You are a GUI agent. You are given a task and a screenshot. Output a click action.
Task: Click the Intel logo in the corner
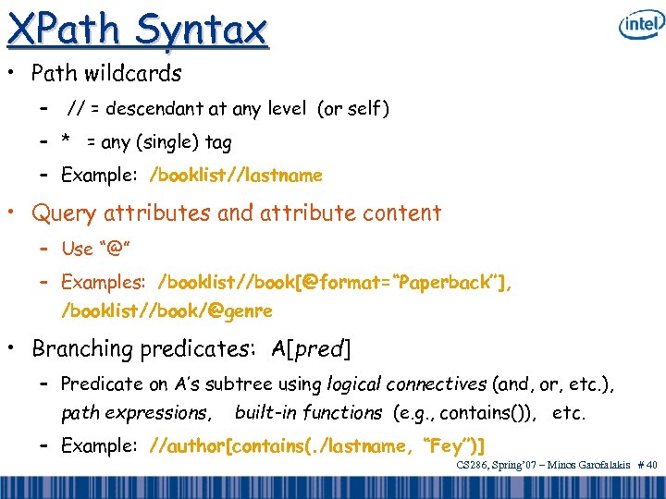640,24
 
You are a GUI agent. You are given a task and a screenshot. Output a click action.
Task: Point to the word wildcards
136,73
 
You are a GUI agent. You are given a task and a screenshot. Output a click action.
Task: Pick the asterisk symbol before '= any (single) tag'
66,141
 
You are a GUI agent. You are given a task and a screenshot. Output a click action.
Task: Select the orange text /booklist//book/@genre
166,311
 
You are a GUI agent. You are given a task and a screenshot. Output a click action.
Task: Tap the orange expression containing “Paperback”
335,281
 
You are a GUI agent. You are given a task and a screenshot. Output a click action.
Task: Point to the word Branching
82,349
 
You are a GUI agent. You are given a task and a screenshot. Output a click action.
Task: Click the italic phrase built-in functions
308,413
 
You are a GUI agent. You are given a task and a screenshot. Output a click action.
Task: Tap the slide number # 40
647,467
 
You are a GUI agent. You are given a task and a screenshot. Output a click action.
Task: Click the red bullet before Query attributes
13,213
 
